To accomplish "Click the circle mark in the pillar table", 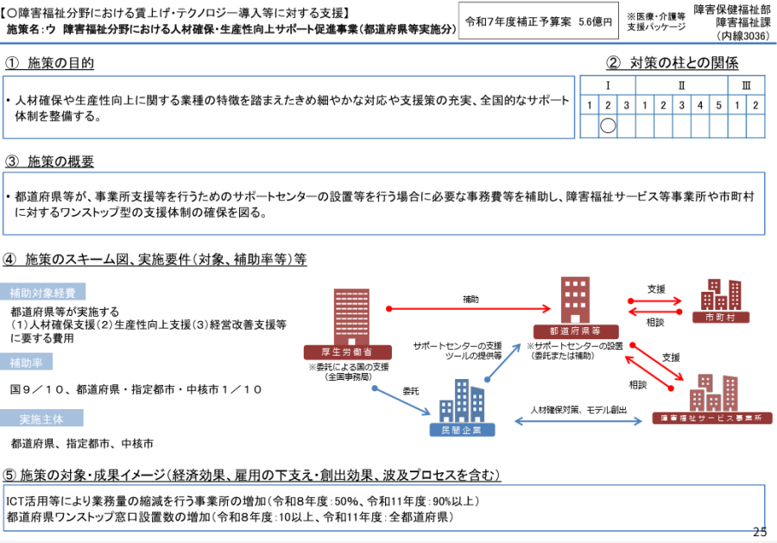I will pyautogui.click(x=607, y=125).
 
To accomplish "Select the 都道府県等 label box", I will pyautogui.click(x=566, y=330).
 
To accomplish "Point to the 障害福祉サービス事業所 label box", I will pyautogui.click(x=711, y=418).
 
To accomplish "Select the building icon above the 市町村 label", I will pyautogui.click(x=722, y=294).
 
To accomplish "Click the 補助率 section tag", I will pyautogui.click(x=31, y=360).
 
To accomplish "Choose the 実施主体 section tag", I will pyautogui.click(x=45, y=419).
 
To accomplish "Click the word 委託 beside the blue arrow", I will pyautogui.click(x=412, y=391).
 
